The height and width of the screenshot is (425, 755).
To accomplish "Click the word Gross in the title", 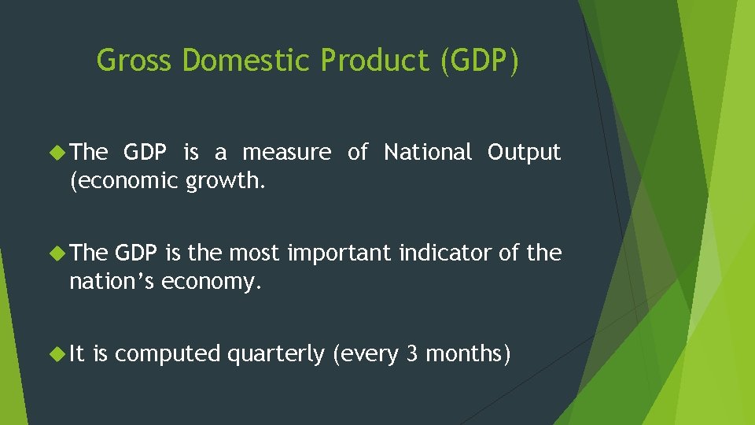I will tap(134, 61).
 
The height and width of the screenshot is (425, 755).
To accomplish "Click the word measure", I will tap(287, 153).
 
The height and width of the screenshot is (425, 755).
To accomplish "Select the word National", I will tap(428, 152).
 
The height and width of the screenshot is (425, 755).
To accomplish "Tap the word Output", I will tap(525, 152).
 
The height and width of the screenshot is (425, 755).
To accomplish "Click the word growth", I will tap(225, 182).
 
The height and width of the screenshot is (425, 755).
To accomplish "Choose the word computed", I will tap(168, 355).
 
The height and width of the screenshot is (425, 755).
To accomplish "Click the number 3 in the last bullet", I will tap(412, 354).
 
